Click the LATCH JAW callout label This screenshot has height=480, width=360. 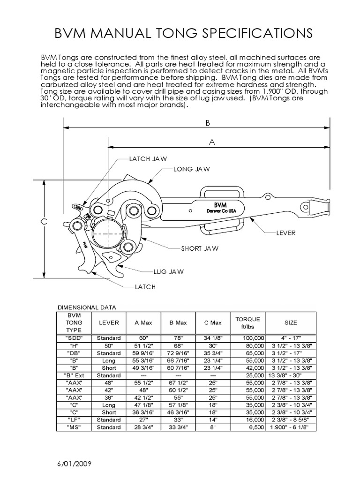coord(148,159)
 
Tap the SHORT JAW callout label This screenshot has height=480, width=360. coord(200,248)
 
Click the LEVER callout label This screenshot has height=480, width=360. coord(287,232)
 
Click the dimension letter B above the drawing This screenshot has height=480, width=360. coord(207,123)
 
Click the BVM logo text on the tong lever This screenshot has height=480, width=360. coord(220,205)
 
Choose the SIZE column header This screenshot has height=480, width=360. coord(291,322)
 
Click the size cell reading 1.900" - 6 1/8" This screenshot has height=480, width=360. coord(291,427)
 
